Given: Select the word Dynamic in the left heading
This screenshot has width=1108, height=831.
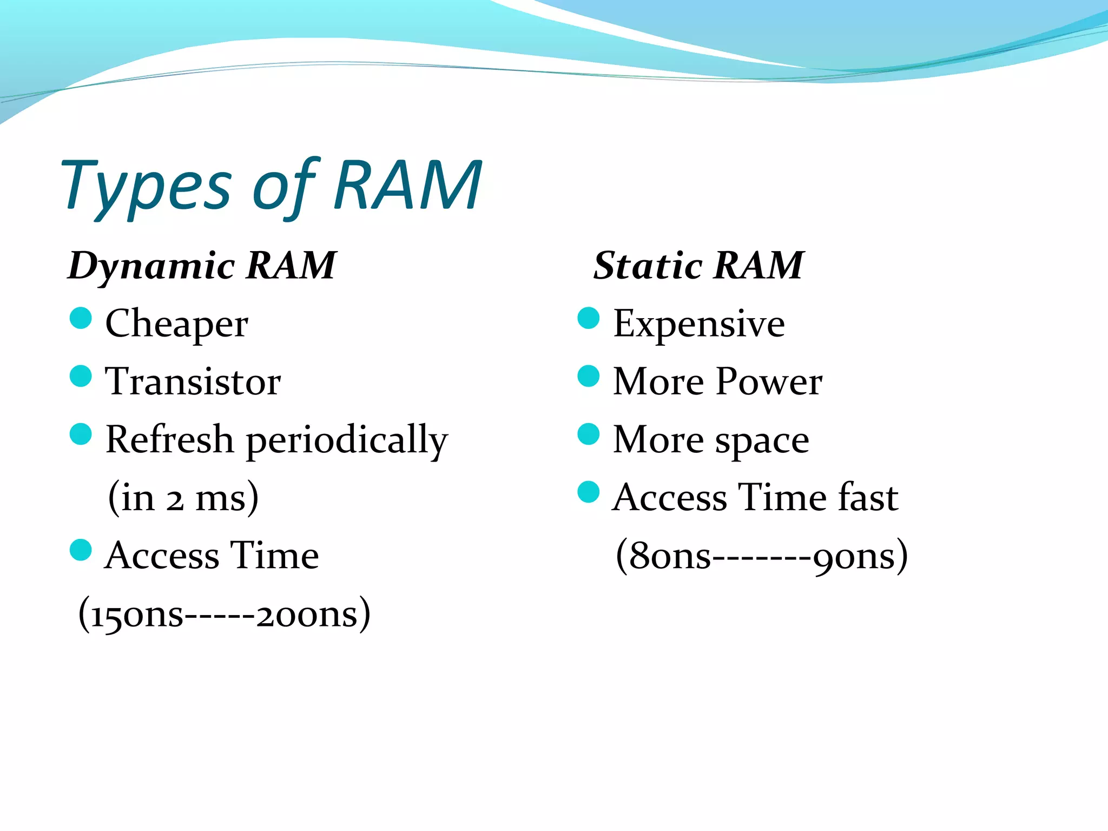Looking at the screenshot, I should coord(151,266).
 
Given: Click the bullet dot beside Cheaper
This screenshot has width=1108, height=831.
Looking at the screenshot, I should coord(81,318).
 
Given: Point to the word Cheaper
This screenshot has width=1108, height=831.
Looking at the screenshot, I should coord(177,324).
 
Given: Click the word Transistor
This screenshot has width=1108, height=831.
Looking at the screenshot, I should coord(193,381).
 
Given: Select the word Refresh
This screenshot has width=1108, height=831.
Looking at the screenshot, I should coord(169,439).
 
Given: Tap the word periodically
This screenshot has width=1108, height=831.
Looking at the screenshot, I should coord(347,440).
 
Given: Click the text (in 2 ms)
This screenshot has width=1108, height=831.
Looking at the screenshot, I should coord(183,498).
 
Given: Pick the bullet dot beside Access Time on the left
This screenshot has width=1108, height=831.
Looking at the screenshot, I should coord(81,550).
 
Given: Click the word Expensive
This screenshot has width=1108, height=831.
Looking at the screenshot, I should coord(698,324).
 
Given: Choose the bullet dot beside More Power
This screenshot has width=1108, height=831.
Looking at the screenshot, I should coord(589,376).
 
